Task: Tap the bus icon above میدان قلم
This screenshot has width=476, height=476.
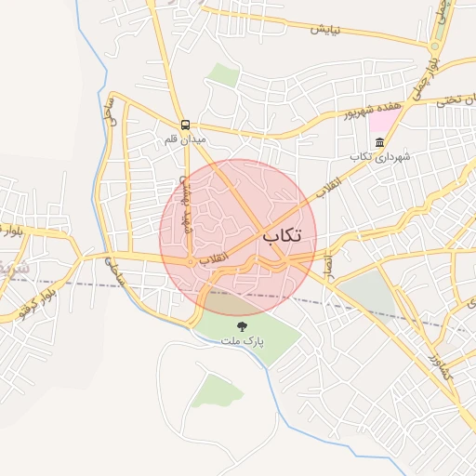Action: (185, 124)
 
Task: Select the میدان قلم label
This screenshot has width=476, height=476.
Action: (183, 139)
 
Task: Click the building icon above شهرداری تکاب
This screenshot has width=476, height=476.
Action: (379, 142)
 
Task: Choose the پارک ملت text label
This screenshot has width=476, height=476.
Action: (243, 341)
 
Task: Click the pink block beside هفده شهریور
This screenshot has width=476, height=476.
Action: (382, 123)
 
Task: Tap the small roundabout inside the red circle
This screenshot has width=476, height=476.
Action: (192, 262)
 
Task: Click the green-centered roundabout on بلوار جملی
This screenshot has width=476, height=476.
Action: (436, 45)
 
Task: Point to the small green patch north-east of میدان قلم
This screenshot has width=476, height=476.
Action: (221, 74)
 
